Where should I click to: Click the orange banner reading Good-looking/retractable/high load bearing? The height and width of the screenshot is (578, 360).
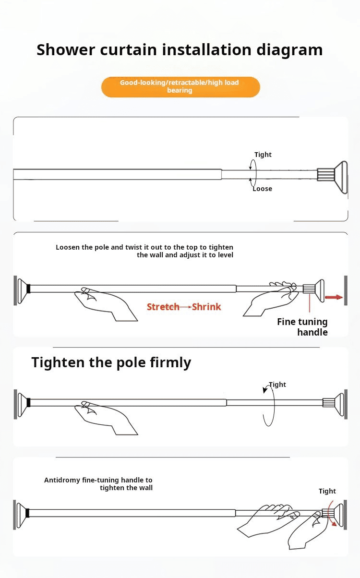point(180,87)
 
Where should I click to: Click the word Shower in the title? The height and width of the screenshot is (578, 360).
point(66,49)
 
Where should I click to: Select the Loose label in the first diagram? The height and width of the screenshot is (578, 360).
point(262,189)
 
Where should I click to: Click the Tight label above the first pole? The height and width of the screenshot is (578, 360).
point(263,155)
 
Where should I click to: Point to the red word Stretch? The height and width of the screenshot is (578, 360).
point(163,307)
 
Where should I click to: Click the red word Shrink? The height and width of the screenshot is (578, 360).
point(206,307)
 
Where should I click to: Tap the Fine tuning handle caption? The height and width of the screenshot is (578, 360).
point(302,326)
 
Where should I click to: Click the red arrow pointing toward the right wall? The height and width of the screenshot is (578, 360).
point(334,297)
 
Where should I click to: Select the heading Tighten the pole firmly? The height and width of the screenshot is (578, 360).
point(111,362)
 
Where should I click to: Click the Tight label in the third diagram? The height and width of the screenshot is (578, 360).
point(277,385)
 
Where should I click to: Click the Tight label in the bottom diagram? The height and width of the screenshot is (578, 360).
point(327,491)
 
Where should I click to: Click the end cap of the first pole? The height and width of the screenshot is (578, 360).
point(341,177)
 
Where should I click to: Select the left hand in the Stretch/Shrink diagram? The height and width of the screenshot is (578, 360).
point(106,304)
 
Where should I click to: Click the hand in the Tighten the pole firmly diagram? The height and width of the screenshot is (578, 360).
point(106,418)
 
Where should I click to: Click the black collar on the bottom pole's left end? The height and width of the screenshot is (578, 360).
point(28,513)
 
